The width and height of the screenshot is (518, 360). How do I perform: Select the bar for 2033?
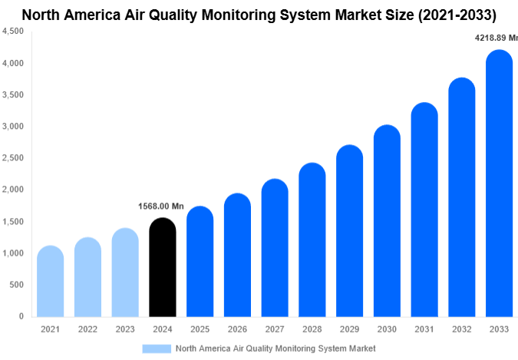click(500, 184)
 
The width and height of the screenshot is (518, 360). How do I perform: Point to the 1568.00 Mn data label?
click(161, 206)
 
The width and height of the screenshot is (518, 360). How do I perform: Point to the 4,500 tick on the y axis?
click(13, 31)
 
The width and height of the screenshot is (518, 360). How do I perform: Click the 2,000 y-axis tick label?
click(13, 190)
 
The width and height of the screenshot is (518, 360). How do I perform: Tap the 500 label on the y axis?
click(16, 285)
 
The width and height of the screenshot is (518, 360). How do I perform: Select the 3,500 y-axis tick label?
click(13, 95)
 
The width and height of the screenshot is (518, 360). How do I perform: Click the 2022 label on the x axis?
click(87, 329)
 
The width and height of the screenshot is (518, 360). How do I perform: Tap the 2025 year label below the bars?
click(200, 329)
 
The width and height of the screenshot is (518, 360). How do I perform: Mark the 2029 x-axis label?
click(350, 329)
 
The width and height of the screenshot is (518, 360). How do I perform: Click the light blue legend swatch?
click(157, 348)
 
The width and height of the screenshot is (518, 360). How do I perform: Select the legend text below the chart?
click(275, 348)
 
